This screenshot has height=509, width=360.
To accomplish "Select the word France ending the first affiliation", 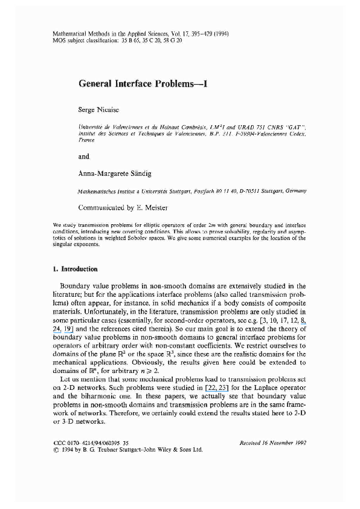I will [87, 139].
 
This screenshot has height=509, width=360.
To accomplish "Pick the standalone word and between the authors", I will [84, 157].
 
